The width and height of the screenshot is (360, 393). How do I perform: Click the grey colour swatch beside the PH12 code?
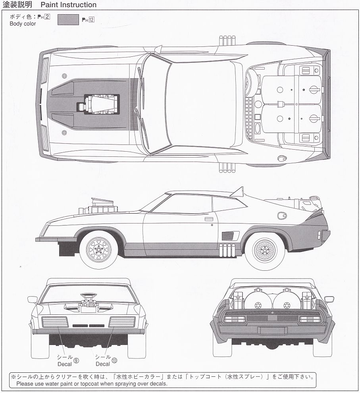[x=68, y=20]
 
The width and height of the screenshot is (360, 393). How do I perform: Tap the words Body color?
[x=23, y=24]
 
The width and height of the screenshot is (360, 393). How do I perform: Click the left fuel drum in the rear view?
[x=258, y=302]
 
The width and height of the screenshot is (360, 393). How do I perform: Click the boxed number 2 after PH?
[x=47, y=17]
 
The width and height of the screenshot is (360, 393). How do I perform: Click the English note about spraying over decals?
[x=92, y=384]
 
